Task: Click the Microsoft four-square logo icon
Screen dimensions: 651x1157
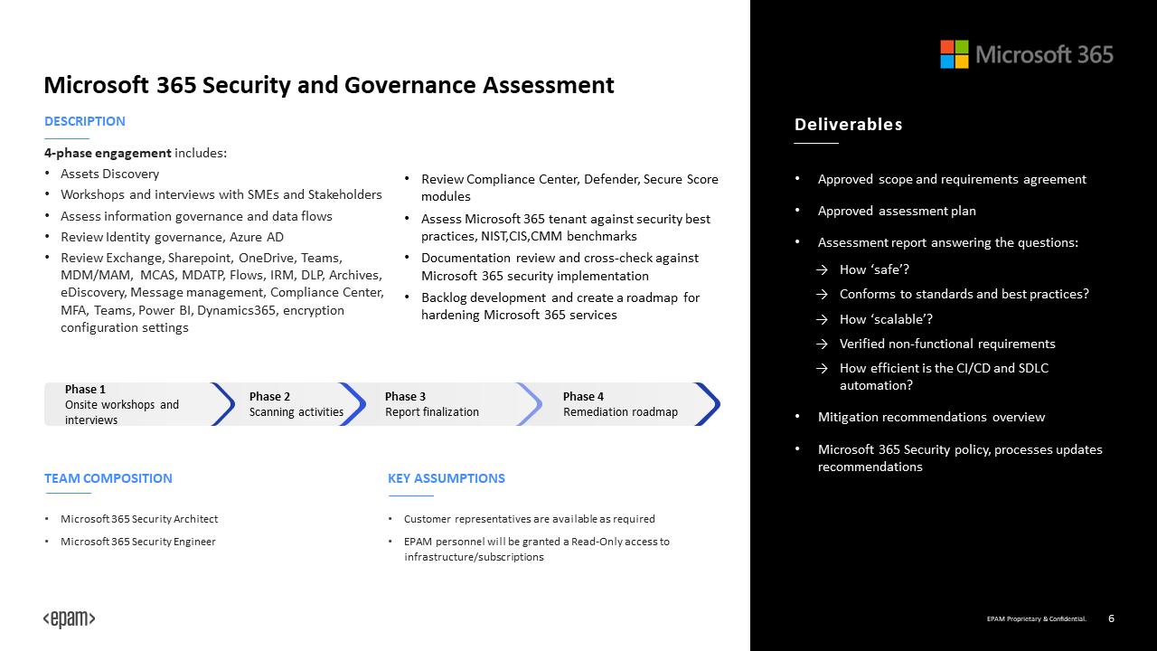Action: [954, 54]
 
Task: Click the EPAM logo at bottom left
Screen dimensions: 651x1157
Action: [70, 619]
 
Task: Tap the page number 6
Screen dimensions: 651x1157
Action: [1111, 618]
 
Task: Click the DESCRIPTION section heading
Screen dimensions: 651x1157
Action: [85, 121]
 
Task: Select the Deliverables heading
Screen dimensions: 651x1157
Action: [848, 125]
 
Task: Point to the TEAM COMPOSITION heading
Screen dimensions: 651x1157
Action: [108, 478]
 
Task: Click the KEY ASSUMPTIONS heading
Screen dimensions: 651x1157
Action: [447, 478]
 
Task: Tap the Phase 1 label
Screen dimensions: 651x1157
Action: [85, 390]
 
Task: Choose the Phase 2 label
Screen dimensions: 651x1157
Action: [269, 396]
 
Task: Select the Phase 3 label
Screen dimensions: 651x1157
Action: [405, 396]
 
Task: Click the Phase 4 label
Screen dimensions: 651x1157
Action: [583, 396]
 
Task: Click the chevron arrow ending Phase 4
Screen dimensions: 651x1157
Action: [709, 404]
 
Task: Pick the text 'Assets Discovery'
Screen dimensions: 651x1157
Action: [109, 174]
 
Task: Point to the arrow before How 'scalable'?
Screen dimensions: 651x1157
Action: [822, 319]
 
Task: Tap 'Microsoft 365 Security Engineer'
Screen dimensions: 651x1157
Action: [138, 542]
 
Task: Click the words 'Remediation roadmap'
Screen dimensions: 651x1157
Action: [620, 412]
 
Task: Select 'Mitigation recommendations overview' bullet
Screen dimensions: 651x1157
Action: [931, 417]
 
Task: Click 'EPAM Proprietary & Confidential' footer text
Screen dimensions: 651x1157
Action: [1036, 619]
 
